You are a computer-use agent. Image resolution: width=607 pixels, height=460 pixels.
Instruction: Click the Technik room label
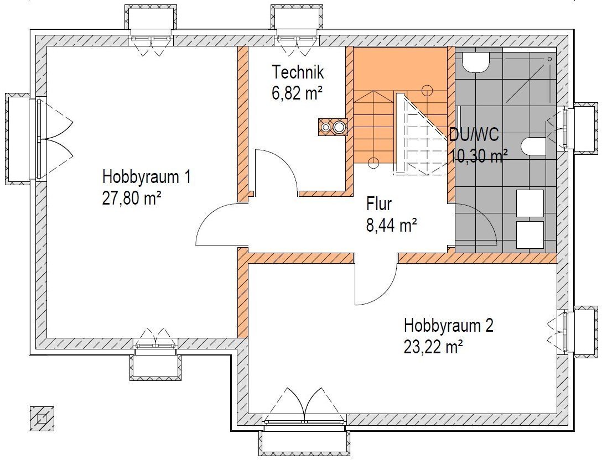(297, 72)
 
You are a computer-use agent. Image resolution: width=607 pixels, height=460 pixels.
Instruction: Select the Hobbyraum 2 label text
(448, 326)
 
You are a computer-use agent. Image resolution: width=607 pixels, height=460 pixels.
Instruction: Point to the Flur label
(379, 204)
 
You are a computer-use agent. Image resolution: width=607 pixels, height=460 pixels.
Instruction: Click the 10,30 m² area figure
(479, 156)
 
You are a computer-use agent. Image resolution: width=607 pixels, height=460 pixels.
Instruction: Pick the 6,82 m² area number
(297, 93)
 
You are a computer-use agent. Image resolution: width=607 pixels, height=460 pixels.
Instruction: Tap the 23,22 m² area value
(433, 347)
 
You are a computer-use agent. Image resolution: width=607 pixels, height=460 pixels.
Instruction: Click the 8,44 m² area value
(391, 225)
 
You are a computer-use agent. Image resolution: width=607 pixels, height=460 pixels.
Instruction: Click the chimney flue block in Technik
(333, 127)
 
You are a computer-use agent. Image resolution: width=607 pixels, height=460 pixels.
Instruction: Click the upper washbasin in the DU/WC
(530, 203)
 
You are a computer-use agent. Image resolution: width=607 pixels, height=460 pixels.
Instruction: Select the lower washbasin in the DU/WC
(530, 235)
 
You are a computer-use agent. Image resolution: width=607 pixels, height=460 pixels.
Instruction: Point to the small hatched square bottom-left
(42, 419)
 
